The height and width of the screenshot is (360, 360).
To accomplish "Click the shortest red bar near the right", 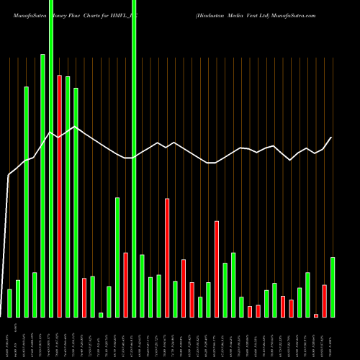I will (315, 315).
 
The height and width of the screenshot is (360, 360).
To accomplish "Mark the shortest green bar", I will (101, 315).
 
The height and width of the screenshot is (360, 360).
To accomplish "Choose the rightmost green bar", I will (333, 287).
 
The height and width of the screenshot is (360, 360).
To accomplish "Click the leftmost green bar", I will (9, 303).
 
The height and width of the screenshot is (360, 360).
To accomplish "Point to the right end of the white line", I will (332, 138).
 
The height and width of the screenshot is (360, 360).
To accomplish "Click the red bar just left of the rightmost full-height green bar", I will (125, 285).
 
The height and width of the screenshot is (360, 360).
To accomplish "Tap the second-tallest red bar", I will (167, 258).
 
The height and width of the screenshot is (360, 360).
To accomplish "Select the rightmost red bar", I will (324, 301).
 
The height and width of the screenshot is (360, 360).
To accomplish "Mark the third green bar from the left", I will (26, 202).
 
